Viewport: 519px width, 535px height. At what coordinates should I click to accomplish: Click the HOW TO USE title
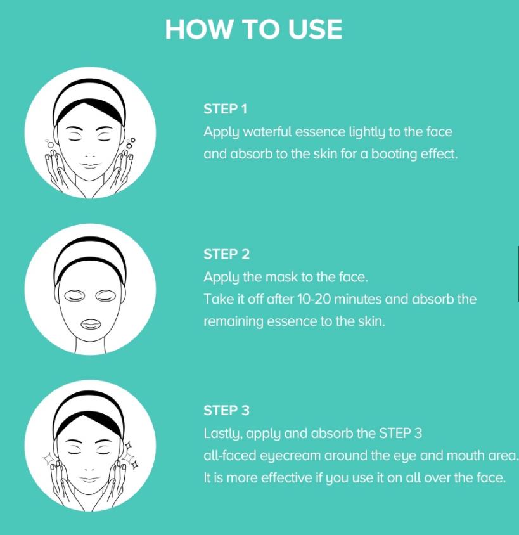tap(253, 29)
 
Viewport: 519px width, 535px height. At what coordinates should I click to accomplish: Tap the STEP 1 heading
tap(225, 109)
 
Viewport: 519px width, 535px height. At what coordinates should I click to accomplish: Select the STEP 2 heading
tap(226, 254)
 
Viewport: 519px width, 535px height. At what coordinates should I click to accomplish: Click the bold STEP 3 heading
tap(226, 411)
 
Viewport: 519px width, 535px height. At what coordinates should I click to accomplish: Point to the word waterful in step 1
tap(267, 132)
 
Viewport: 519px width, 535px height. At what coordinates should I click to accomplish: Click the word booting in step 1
tap(394, 155)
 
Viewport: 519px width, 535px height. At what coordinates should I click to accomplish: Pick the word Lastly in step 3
tap(223, 434)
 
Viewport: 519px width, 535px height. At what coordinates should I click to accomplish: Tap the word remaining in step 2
tap(233, 322)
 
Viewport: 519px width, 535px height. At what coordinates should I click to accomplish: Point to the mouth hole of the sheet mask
tap(91, 324)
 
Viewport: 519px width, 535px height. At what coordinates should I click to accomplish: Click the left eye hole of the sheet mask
tap(74, 295)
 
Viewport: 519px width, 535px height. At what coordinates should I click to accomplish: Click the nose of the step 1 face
tap(90, 155)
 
